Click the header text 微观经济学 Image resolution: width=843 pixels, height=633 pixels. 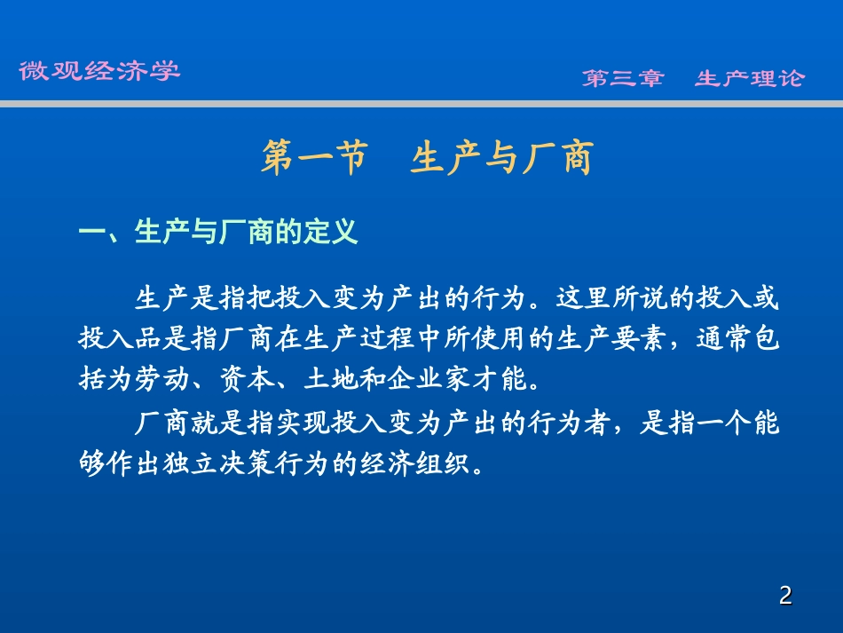99,71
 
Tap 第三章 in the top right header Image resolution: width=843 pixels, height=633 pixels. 623,78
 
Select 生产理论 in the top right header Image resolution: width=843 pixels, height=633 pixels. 750,78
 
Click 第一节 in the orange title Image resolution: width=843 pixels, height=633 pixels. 315,159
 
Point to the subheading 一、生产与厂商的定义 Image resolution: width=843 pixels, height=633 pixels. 218,233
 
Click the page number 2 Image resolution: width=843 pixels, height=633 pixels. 784,596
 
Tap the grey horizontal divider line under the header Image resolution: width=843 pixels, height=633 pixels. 421,104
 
